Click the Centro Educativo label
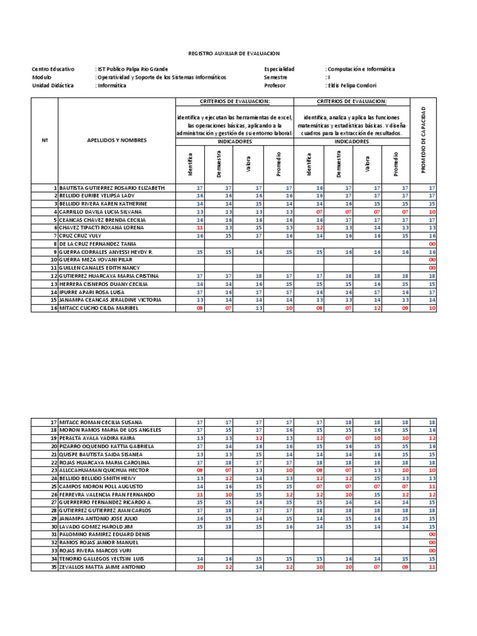53,70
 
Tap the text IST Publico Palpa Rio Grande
132,70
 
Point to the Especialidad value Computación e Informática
361,70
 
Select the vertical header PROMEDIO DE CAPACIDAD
424,140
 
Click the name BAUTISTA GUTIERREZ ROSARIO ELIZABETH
112,188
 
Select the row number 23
54,471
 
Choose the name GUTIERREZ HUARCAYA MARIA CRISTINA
109,276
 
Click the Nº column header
45,140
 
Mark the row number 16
54,307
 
